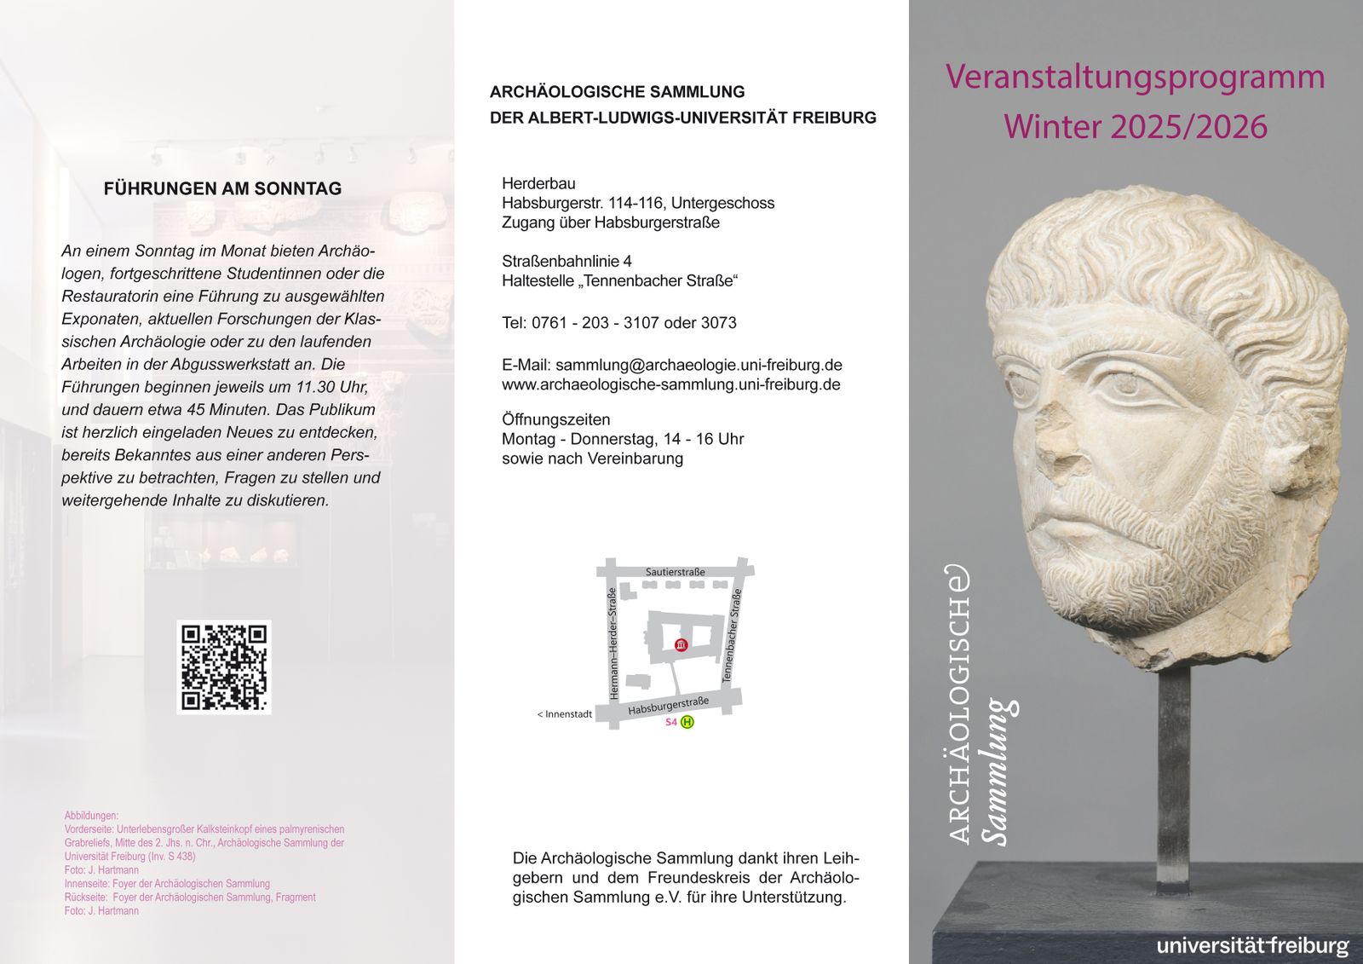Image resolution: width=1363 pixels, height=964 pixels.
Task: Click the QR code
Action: point(223,667)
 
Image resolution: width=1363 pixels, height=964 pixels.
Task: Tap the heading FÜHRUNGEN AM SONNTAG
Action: point(222,188)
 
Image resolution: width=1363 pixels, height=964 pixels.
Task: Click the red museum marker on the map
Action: point(680,645)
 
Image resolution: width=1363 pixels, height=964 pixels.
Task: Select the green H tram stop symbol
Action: point(687,722)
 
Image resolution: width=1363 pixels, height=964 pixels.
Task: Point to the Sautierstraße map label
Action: point(675,572)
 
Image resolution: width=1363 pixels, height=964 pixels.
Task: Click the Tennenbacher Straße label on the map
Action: point(732,636)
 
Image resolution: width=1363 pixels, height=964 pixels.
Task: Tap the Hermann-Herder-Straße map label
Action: point(612,644)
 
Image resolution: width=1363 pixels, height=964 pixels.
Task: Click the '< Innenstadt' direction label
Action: point(564,714)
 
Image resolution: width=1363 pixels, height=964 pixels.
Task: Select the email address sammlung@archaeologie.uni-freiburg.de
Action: point(699,365)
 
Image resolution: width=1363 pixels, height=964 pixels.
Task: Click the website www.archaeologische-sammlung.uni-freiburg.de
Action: point(670,384)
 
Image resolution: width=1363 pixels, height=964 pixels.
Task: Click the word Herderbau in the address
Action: point(538,183)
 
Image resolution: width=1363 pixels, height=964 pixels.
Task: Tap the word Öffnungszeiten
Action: point(555,419)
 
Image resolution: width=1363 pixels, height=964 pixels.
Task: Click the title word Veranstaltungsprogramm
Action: point(1135,77)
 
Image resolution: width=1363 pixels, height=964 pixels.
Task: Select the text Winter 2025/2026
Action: point(1135,126)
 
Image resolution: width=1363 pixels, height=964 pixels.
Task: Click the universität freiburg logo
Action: point(1251,945)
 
